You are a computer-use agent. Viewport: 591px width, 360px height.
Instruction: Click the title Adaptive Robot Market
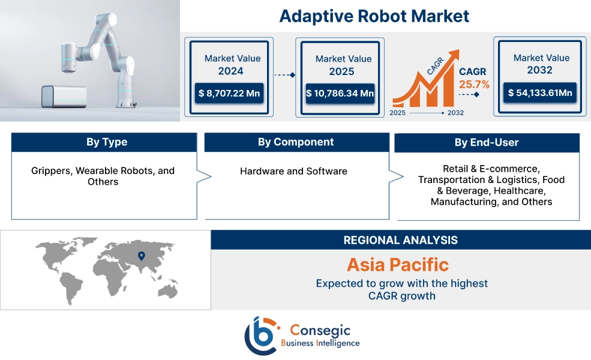coord(374,16)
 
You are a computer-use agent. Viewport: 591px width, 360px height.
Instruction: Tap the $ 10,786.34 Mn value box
coord(340,94)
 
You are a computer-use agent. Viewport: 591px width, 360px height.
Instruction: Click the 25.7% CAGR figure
coord(474,84)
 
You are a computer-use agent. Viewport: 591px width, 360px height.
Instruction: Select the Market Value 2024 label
coord(232,65)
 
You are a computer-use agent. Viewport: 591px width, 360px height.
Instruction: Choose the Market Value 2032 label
coord(541,64)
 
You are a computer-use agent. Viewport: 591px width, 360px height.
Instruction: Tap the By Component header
coord(296,142)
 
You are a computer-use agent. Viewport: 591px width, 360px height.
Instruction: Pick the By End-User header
coord(487,143)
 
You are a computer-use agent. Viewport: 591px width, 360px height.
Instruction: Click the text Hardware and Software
coord(293,171)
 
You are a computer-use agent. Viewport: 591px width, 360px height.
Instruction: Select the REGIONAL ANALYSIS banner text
coord(400,240)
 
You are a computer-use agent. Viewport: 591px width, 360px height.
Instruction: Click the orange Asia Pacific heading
coord(397,265)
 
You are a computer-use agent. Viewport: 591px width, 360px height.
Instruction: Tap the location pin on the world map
coord(142,256)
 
